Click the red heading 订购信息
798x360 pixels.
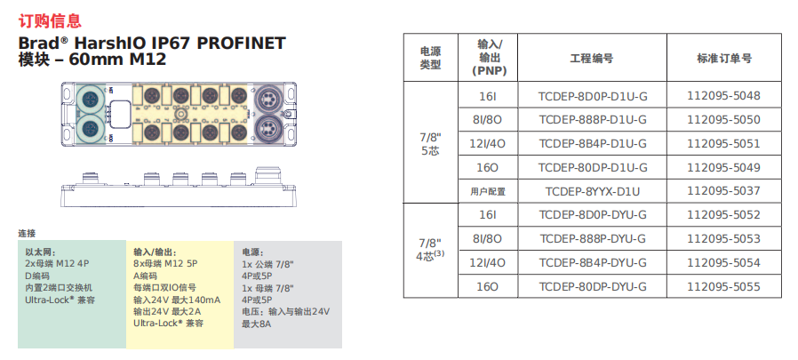click(50, 20)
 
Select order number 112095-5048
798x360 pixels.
click(723, 96)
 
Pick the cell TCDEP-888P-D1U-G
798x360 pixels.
click(592, 119)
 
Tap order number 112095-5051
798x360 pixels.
click(723, 143)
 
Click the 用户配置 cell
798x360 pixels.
click(487, 191)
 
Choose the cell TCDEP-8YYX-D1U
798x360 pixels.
click(592, 191)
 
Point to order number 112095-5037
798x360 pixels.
click(723, 191)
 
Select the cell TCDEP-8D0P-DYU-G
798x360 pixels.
click(592, 214)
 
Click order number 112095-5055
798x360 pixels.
click(723, 286)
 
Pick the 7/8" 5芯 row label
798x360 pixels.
click(430, 143)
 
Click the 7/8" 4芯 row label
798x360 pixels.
click(430, 250)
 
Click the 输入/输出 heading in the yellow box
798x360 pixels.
click(155, 252)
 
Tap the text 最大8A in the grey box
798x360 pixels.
click(256, 324)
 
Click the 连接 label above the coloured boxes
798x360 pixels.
click(27, 233)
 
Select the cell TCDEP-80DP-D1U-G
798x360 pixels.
click(592, 167)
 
